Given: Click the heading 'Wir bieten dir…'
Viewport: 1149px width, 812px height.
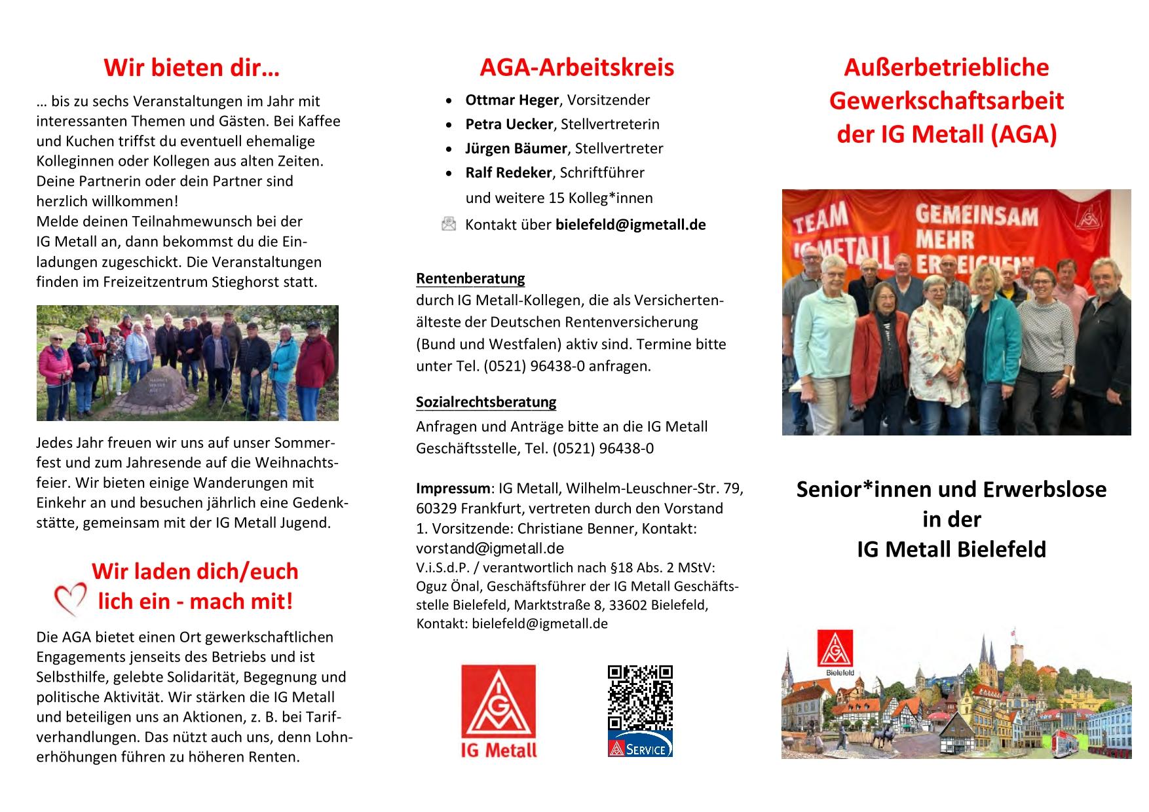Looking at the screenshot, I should (x=191, y=68).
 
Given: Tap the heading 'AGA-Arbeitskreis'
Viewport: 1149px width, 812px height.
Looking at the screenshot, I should (x=576, y=68).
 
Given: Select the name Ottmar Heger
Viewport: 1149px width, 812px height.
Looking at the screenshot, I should (x=512, y=100).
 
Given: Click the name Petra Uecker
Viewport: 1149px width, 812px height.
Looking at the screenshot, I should (x=509, y=124).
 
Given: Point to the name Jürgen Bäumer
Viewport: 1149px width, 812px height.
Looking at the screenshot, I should (x=516, y=149).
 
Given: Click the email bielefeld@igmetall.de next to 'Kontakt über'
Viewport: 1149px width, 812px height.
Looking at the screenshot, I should (x=630, y=225).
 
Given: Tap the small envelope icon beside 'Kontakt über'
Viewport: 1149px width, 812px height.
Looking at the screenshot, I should (x=449, y=225).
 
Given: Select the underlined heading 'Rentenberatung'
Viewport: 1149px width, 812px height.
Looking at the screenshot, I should (x=470, y=279).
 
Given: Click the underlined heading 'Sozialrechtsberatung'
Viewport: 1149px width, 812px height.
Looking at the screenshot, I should (x=486, y=402).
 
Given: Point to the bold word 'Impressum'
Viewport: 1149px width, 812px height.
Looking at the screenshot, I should (x=453, y=489).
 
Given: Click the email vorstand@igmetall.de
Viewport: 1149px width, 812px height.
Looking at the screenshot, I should (x=490, y=548).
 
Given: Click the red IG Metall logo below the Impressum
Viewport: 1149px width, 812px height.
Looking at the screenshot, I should (x=499, y=711).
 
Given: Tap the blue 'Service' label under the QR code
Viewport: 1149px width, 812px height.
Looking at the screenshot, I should (x=640, y=748).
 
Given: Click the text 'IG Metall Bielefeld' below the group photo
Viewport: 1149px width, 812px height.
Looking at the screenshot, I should (x=951, y=549).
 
